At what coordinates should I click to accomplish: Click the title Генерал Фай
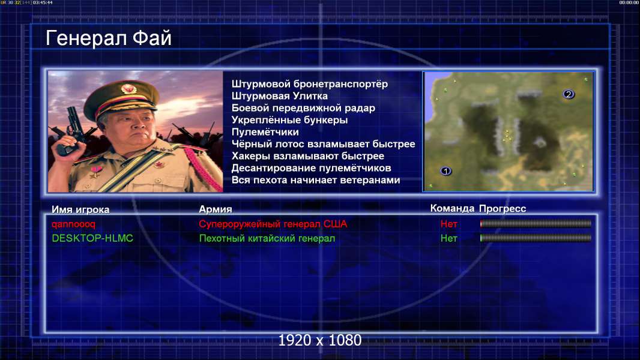(109, 38)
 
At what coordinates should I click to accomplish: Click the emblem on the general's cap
(128, 88)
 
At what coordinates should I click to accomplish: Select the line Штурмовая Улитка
(280, 96)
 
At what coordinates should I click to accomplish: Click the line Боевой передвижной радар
(303, 108)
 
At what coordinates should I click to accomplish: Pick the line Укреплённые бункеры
(290, 120)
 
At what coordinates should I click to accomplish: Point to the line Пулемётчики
(265, 132)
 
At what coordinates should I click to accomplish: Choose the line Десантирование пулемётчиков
(312, 168)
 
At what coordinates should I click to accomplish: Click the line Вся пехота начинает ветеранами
(316, 180)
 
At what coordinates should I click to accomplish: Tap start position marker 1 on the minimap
(445, 171)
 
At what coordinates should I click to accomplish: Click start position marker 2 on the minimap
(569, 94)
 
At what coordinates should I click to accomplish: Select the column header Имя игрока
(80, 209)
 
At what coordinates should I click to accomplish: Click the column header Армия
(216, 209)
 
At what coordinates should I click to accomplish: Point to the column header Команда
(452, 208)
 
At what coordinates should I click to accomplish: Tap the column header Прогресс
(503, 209)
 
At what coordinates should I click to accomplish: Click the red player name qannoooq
(73, 224)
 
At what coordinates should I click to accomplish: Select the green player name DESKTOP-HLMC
(92, 238)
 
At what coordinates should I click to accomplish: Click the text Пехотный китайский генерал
(267, 239)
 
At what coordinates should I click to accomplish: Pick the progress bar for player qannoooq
(536, 223)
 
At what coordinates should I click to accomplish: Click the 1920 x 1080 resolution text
(320, 340)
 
